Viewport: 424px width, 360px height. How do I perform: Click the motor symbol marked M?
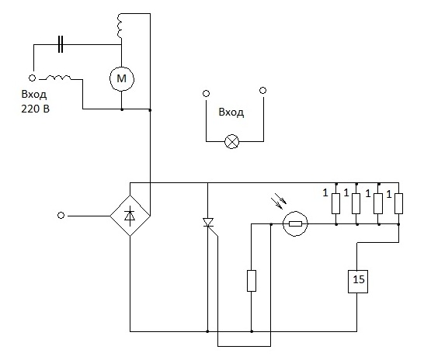click(x=122, y=78)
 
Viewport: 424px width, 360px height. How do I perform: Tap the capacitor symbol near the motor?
click(x=61, y=44)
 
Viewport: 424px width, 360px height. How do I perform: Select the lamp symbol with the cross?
click(x=232, y=141)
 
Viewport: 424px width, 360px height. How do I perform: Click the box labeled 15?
click(x=358, y=282)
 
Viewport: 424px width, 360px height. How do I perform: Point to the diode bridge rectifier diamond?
click(x=130, y=216)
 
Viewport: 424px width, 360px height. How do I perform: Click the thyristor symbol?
click(x=208, y=223)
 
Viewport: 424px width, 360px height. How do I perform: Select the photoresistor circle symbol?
click(x=295, y=223)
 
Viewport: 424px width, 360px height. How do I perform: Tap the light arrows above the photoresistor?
click(x=280, y=201)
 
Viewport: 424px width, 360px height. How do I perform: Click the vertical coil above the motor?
click(x=120, y=26)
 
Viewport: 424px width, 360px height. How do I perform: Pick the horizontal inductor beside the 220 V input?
click(x=58, y=78)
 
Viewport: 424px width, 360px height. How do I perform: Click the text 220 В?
click(x=36, y=109)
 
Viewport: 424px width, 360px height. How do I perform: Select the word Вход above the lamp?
click(x=231, y=112)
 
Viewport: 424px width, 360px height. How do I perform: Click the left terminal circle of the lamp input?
click(x=206, y=94)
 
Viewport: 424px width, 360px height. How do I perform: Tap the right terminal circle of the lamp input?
click(x=262, y=90)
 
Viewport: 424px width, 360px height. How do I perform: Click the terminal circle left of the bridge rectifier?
click(x=61, y=216)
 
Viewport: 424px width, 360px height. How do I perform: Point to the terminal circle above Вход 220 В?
click(x=32, y=78)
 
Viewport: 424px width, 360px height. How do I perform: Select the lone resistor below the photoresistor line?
click(x=252, y=281)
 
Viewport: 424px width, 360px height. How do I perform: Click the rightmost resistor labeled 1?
click(x=399, y=203)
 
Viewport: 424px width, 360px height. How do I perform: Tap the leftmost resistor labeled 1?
click(x=335, y=203)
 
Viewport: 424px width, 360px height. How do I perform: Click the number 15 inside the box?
click(x=359, y=279)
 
